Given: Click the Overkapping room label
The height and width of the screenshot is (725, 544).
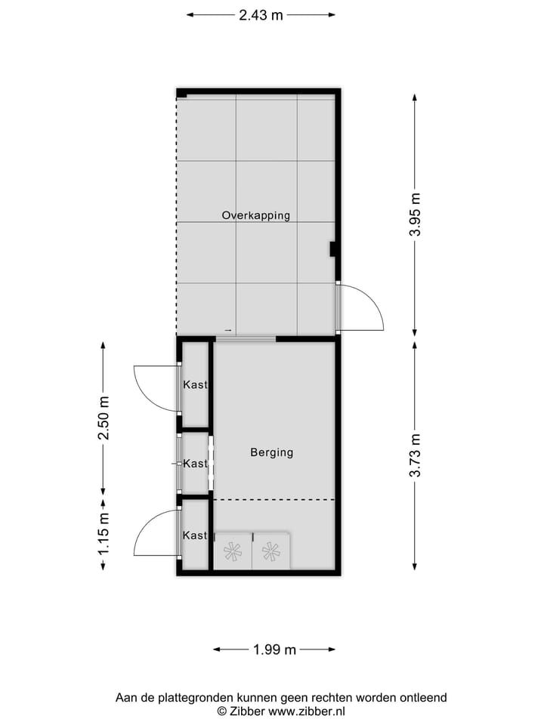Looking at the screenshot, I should (x=255, y=215).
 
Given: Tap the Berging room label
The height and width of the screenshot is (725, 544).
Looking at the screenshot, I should (x=271, y=453).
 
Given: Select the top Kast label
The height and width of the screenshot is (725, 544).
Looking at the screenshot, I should (x=195, y=384).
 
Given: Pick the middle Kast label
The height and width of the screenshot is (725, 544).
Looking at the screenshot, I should (x=195, y=463).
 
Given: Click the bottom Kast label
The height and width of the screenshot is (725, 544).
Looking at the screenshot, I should (x=195, y=535).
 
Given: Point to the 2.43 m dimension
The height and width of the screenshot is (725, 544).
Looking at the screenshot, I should (x=261, y=14).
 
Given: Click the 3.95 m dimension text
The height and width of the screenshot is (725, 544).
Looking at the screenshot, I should (x=415, y=215).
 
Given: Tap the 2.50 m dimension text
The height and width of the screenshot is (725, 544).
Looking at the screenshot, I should (x=104, y=418).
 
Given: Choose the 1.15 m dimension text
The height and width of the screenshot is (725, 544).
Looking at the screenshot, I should (x=104, y=532).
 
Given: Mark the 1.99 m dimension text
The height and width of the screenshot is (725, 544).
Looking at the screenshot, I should (x=274, y=649).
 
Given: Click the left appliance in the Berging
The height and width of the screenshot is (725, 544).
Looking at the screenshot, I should (x=233, y=551).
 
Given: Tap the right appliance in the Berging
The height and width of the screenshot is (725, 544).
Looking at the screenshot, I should (x=270, y=551).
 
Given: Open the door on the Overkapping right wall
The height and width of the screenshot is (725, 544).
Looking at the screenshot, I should (x=361, y=308).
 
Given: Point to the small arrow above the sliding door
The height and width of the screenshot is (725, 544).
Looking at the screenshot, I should (x=228, y=331).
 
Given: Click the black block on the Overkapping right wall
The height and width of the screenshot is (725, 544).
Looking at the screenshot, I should (x=332, y=248).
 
